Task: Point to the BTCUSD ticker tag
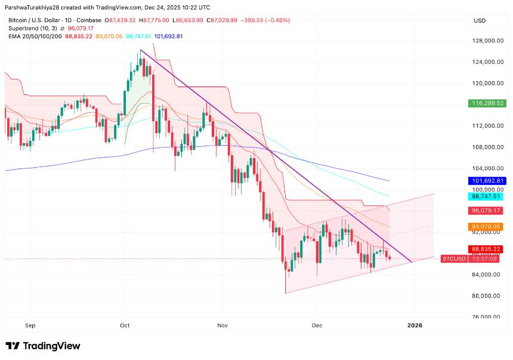(x=453, y=259)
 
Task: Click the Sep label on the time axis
(x=31, y=325)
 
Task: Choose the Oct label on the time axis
(x=125, y=325)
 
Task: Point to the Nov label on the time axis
(x=222, y=325)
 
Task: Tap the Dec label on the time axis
(x=317, y=325)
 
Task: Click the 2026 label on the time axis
(x=415, y=325)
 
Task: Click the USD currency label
(x=480, y=21)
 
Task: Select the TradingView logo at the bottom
(x=43, y=346)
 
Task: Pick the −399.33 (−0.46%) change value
(x=264, y=20)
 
